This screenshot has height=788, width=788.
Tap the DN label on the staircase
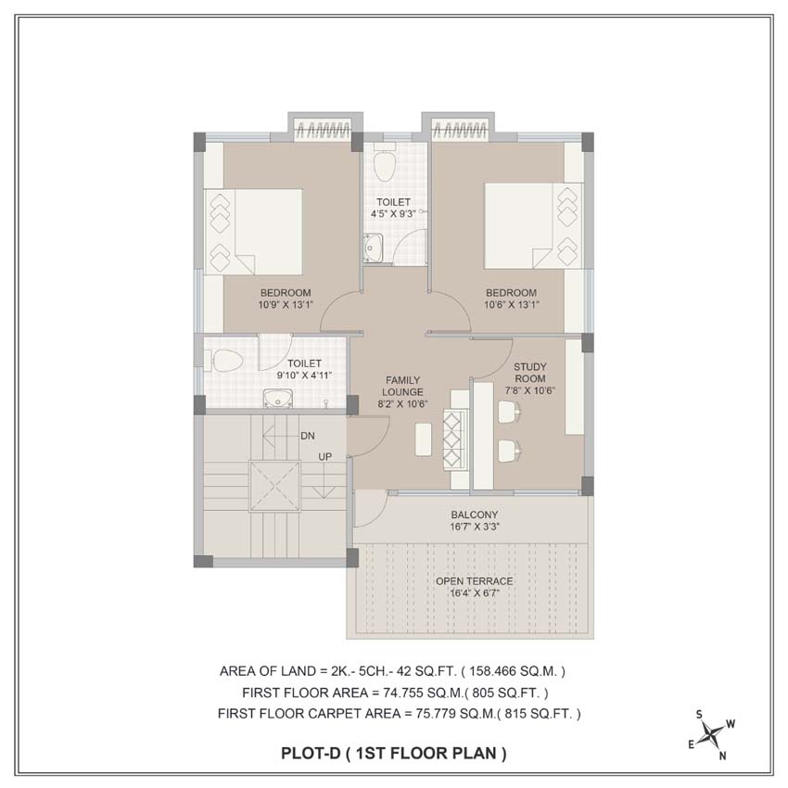[308, 437]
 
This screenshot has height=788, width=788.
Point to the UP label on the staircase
[324, 457]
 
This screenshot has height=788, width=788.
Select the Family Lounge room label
[402, 392]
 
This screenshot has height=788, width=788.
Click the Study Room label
[529, 378]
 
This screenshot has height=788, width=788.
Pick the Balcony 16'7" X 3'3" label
[475, 521]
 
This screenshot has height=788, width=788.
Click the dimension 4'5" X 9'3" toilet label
[393, 213]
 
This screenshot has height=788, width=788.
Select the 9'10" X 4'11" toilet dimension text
[305, 375]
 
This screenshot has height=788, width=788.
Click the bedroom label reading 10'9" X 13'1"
[286, 305]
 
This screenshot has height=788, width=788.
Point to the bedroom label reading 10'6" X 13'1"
[512, 305]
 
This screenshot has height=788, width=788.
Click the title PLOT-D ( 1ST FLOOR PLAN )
[393, 753]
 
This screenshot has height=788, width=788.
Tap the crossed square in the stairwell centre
[274, 486]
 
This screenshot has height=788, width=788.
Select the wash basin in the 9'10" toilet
[278, 399]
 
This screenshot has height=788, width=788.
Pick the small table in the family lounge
[423, 439]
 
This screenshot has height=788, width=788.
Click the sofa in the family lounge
[456, 439]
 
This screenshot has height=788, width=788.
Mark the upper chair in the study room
[510, 413]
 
